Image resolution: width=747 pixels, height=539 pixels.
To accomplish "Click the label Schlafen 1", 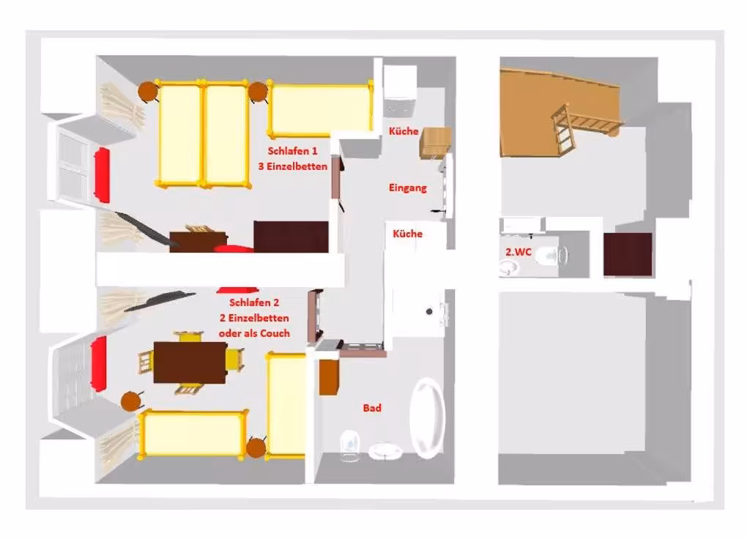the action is (292, 151).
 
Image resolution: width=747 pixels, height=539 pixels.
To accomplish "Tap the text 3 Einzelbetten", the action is (292, 166).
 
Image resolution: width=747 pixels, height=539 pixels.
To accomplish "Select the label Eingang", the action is (407, 187).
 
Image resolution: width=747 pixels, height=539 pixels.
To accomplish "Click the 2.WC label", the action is (518, 252).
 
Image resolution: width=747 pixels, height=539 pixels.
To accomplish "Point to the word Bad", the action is (372, 408).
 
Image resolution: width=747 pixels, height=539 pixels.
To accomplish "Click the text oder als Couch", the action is (254, 333).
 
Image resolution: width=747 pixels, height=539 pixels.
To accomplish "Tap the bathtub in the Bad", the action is (428, 418).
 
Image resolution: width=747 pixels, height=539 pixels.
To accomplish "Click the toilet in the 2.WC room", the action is (550, 256).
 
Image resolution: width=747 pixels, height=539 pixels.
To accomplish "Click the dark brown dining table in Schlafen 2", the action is (190, 363).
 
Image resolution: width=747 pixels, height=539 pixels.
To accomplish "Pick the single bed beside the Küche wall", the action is (320, 110).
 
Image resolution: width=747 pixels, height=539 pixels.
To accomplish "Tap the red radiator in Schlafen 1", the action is (102, 175).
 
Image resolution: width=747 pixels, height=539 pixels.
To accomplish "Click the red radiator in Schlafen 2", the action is (99, 364).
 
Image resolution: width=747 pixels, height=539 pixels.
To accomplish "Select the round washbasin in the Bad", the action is (385, 451).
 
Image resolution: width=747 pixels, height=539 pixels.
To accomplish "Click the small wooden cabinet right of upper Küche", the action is (434, 142).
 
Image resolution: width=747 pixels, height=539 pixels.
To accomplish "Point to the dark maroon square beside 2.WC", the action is (628, 254).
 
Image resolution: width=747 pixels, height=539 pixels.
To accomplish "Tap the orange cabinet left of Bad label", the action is (329, 377).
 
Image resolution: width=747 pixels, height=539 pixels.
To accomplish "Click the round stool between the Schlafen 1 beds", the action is (258, 92).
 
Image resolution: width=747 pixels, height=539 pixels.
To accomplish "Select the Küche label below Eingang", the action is (407, 234).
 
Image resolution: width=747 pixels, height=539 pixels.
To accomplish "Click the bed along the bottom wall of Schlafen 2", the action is (193, 434).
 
